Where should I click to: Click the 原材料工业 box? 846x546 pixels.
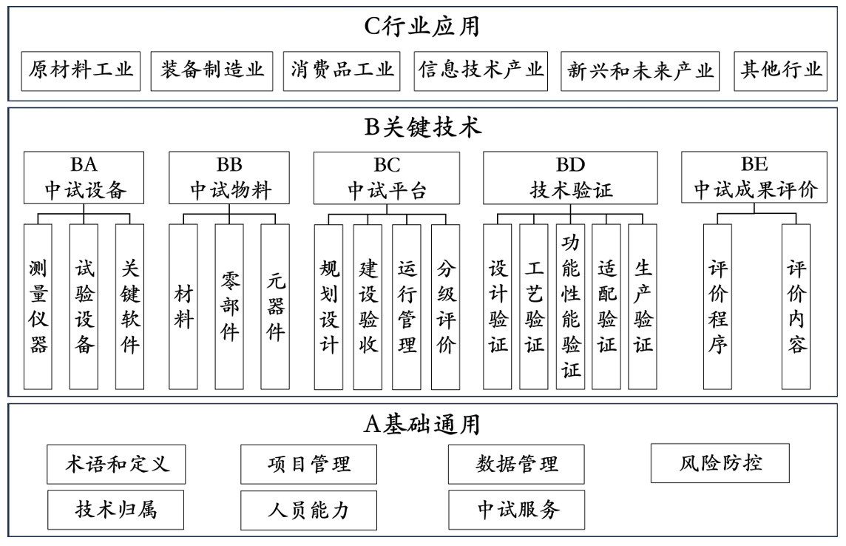[81, 70]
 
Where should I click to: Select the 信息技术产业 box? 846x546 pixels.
[481, 70]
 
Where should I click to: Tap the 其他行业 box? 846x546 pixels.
[781, 70]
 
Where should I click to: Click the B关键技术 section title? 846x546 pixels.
[422, 128]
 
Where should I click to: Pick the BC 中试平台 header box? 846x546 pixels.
[386, 178]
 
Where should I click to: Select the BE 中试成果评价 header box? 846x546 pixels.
[754, 178]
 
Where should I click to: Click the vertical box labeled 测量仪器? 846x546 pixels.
[38, 306]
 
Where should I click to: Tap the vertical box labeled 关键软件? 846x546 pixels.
[129, 306]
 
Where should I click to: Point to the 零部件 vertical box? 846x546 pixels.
[229, 306]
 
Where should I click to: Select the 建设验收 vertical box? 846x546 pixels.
[368, 306]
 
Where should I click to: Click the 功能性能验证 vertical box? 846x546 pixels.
[571, 306]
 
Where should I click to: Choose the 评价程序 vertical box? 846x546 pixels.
[717, 306]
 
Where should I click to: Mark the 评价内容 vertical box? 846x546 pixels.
[796, 306]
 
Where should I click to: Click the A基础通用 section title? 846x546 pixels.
[422, 423]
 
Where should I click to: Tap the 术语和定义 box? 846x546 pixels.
[115, 464]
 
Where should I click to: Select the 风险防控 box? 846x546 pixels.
[710, 464]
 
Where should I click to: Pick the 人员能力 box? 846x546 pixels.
[308, 510]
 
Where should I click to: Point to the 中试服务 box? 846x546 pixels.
[516, 510]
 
